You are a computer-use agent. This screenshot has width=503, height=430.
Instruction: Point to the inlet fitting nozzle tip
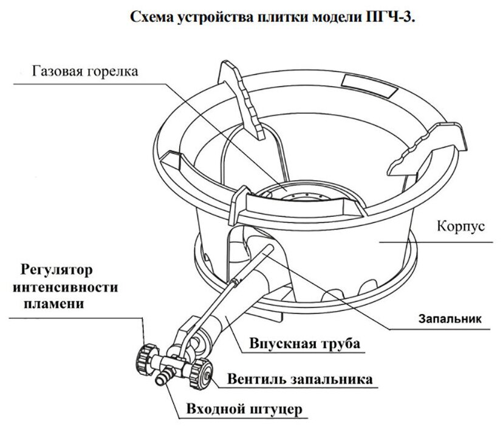[162, 381]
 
